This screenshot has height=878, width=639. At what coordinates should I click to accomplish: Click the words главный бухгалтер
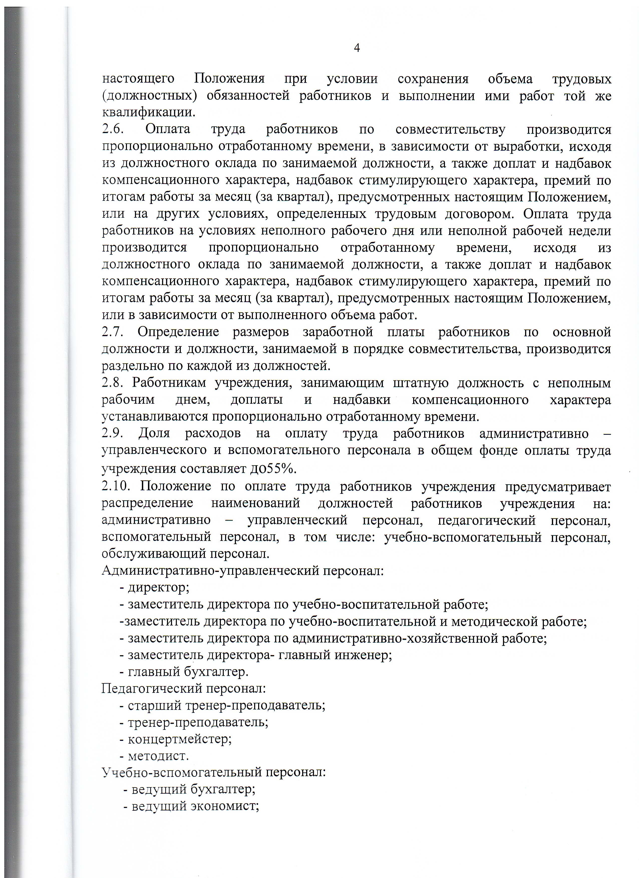pos(188,672)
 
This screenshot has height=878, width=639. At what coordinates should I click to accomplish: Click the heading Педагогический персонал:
pos(184,688)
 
